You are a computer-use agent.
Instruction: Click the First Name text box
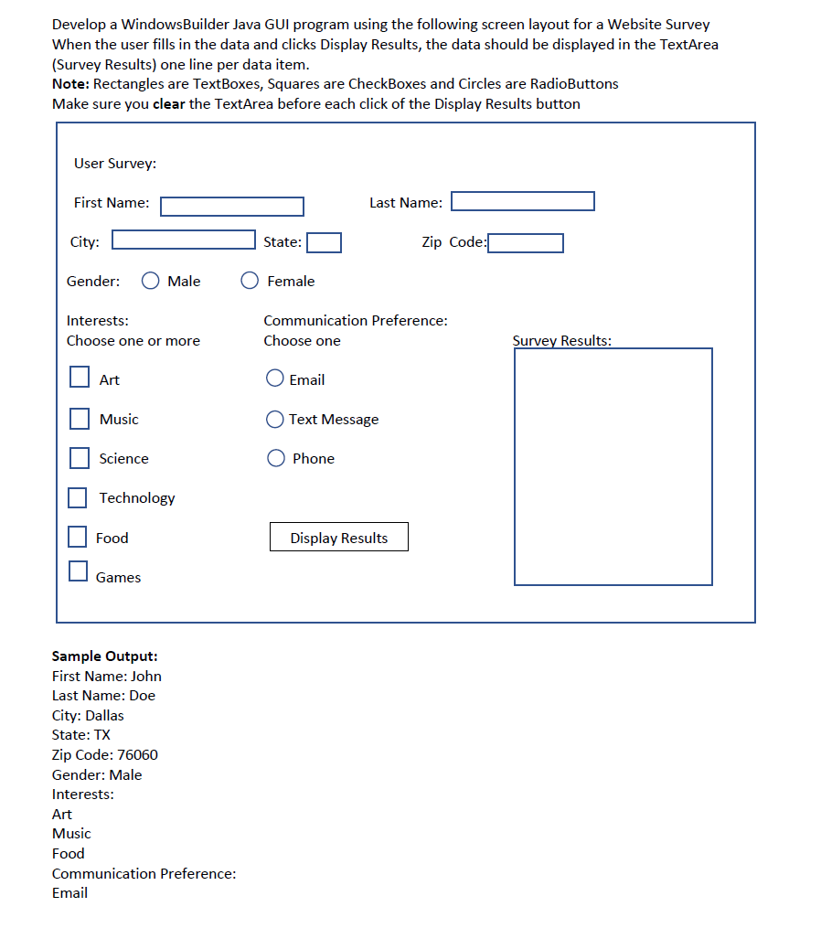pos(232,207)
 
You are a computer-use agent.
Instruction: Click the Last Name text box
pos(523,201)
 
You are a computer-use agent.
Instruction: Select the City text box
pos(184,240)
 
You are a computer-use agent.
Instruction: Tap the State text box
pos(324,242)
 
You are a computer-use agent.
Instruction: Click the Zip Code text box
pos(525,243)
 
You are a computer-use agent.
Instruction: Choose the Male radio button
pos(151,282)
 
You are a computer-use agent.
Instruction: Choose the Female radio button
pos(250,282)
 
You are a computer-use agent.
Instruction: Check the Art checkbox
pos(80,378)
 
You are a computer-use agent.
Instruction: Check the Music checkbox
pos(80,419)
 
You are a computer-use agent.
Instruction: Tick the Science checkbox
pos(80,457)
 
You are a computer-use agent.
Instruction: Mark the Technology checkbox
pos(78,497)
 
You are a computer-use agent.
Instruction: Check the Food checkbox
pos(78,537)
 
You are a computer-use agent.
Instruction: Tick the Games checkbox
pos(78,571)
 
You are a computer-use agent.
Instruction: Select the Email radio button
pos(274,378)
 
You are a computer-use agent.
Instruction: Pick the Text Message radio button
pos(274,420)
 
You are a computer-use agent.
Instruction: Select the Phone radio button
pos(275,458)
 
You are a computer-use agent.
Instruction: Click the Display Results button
pos(339,538)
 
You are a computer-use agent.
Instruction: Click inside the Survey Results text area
pos(613,466)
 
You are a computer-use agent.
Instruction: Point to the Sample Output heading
pos(105,656)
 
